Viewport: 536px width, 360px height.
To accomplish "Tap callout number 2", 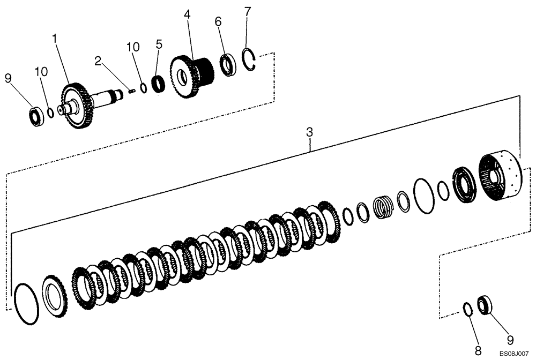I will coord(98,61).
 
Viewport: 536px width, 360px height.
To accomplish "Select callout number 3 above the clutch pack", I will coord(309,131).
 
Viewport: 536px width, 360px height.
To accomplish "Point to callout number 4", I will coord(187,14).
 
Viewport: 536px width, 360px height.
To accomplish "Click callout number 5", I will coord(159,44).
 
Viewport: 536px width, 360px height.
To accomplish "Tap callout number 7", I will coord(247,12).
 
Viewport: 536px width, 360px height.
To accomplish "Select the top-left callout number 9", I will coord(8,78).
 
